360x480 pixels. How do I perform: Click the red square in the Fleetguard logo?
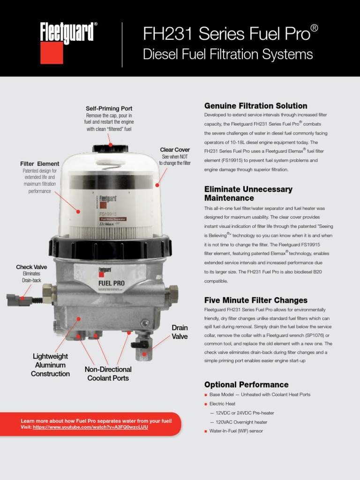coord(52,53)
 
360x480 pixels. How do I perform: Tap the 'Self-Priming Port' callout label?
coord(109,108)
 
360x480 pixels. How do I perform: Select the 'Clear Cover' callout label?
coord(175,150)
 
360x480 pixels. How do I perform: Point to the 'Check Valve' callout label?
coord(31,267)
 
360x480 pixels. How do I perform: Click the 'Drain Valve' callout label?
coord(180,332)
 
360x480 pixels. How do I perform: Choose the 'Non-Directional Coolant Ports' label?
coord(108,374)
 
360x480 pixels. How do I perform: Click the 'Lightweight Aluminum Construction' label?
coord(50,365)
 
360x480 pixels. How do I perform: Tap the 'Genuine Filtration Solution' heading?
coord(255,106)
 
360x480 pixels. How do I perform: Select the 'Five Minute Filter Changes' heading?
coord(255,300)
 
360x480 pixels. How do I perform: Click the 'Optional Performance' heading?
coord(246,384)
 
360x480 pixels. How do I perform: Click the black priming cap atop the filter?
coord(110,148)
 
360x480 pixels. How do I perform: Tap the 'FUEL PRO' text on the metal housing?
coord(111,283)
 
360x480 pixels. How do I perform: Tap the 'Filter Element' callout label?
coord(40,164)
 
